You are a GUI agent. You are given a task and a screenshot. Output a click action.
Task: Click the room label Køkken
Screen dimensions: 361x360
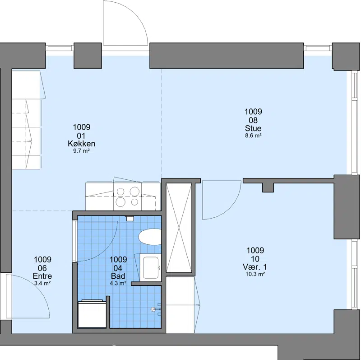(81, 144)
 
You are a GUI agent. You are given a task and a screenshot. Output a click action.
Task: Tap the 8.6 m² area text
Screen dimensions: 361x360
(253, 136)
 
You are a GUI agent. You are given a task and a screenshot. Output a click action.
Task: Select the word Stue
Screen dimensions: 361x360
(253, 128)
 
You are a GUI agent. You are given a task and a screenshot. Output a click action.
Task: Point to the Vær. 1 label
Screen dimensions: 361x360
(255, 267)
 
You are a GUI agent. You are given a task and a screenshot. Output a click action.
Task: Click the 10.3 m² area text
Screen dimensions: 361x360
(255, 274)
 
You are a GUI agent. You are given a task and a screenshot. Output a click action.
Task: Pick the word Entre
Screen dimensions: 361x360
(42, 276)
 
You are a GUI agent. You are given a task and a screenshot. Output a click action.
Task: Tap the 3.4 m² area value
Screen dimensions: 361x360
(42, 283)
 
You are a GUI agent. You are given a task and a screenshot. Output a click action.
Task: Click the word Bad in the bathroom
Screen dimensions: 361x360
(118, 276)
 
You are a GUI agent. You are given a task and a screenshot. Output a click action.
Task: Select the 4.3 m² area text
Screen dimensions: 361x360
(118, 283)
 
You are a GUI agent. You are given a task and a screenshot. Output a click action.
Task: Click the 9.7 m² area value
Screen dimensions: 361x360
(81, 151)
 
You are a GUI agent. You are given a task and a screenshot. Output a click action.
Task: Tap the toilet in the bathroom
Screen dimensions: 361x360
(150, 237)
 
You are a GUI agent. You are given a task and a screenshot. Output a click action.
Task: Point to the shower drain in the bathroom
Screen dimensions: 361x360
(153, 309)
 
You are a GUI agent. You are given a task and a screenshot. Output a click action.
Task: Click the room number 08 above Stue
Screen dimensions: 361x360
(253, 120)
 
